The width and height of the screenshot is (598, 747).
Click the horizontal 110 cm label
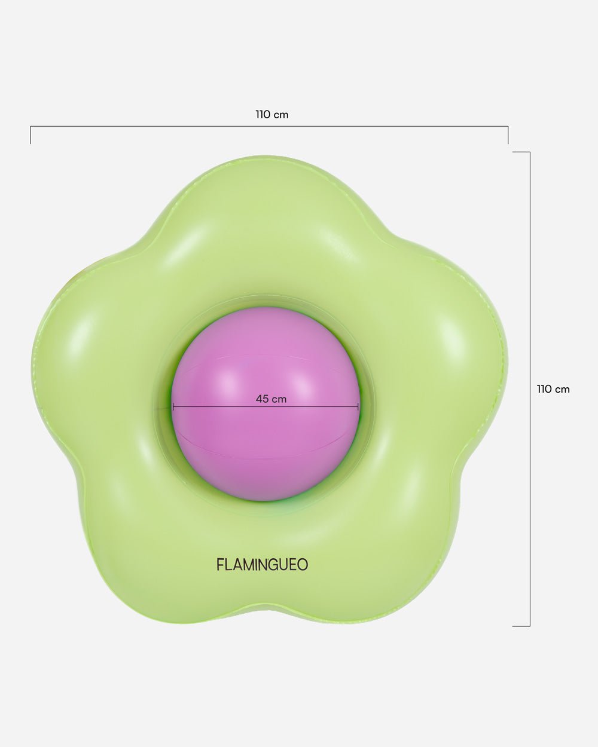click(x=271, y=114)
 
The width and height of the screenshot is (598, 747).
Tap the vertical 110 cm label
click(x=553, y=389)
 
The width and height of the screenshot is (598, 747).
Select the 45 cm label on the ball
click(x=271, y=399)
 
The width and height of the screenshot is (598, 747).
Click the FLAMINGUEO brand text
click(x=263, y=564)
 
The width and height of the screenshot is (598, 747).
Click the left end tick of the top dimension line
click(x=30, y=135)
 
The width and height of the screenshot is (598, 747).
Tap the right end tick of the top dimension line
click(x=508, y=135)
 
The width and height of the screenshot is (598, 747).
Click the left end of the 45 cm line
click(x=173, y=406)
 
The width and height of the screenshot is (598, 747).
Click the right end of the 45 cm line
click(x=358, y=406)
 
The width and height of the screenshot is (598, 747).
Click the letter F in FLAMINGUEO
click(x=220, y=564)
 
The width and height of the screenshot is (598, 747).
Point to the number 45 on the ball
click(x=262, y=399)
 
